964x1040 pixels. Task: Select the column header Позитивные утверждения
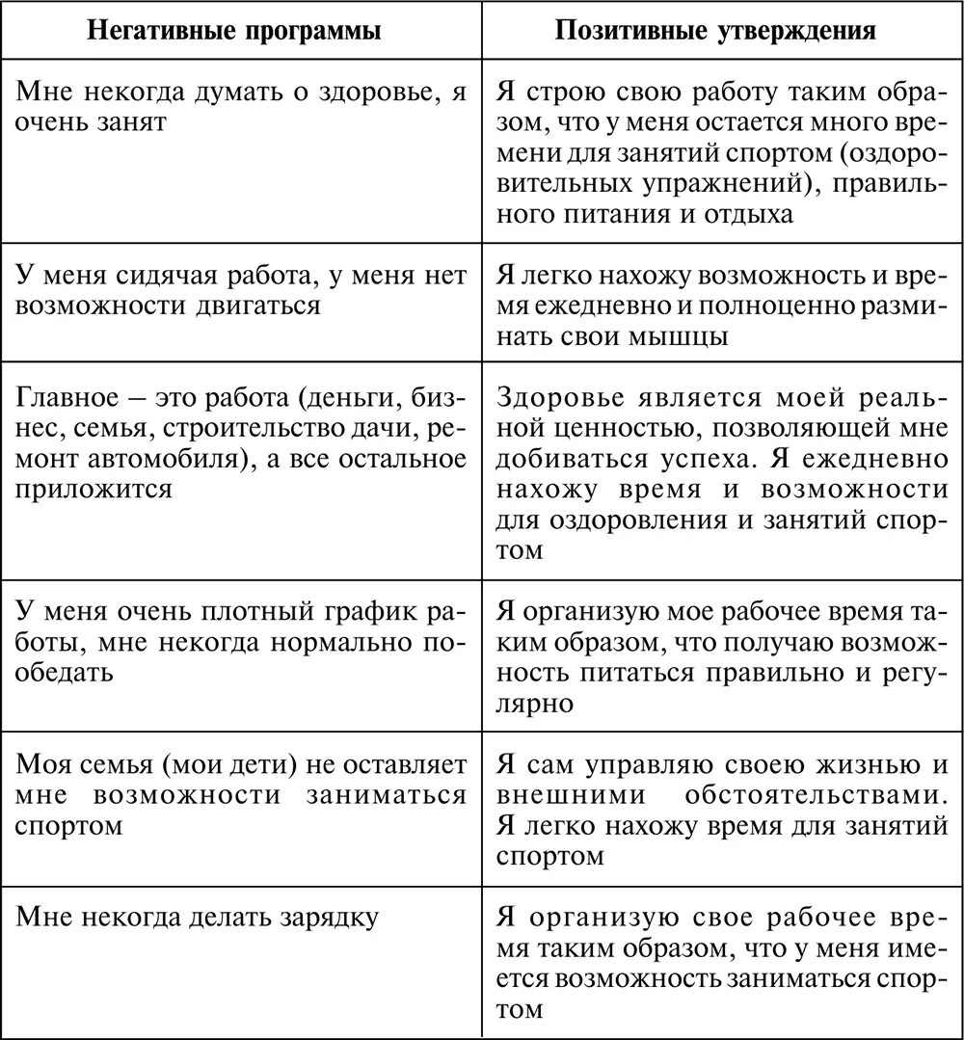pyautogui.click(x=715, y=31)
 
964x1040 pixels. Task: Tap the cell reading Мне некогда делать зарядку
pyautogui.click(x=197, y=916)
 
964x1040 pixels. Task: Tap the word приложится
pyautogui.click(x=94, y=488)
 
